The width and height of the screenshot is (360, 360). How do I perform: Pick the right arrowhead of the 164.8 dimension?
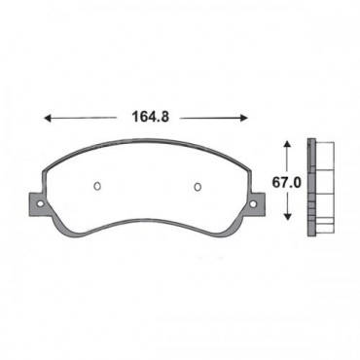pyautogui.click(x=245, y=117)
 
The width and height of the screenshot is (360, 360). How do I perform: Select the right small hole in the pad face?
pyautogui.click(x=197, y=187)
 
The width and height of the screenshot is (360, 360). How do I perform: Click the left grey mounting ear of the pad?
pyautogui.click(x=36, y=203)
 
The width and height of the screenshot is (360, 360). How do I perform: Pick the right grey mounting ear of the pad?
pyautogui.click(x=256, y=204)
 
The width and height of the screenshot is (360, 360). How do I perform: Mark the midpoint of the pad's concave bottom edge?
pyautogui.click(x=146, y=223)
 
